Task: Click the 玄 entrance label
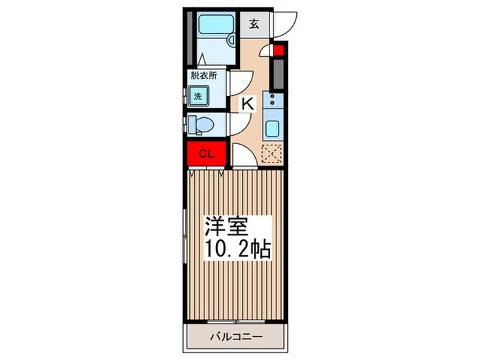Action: (x=254, y=25)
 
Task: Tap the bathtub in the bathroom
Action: (x=215, y=27)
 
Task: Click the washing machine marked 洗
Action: (x=199, y=97)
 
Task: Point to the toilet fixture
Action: (x=204, y=125)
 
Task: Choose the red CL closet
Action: (x=206, y=154)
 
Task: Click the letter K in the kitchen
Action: (x=248, y=104)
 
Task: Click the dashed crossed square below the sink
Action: (x=272, y=154)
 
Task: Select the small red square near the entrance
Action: (x=278, y=49)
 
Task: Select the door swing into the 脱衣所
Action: (x=238, y=84)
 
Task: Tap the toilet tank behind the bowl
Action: (x=189, y=125)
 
